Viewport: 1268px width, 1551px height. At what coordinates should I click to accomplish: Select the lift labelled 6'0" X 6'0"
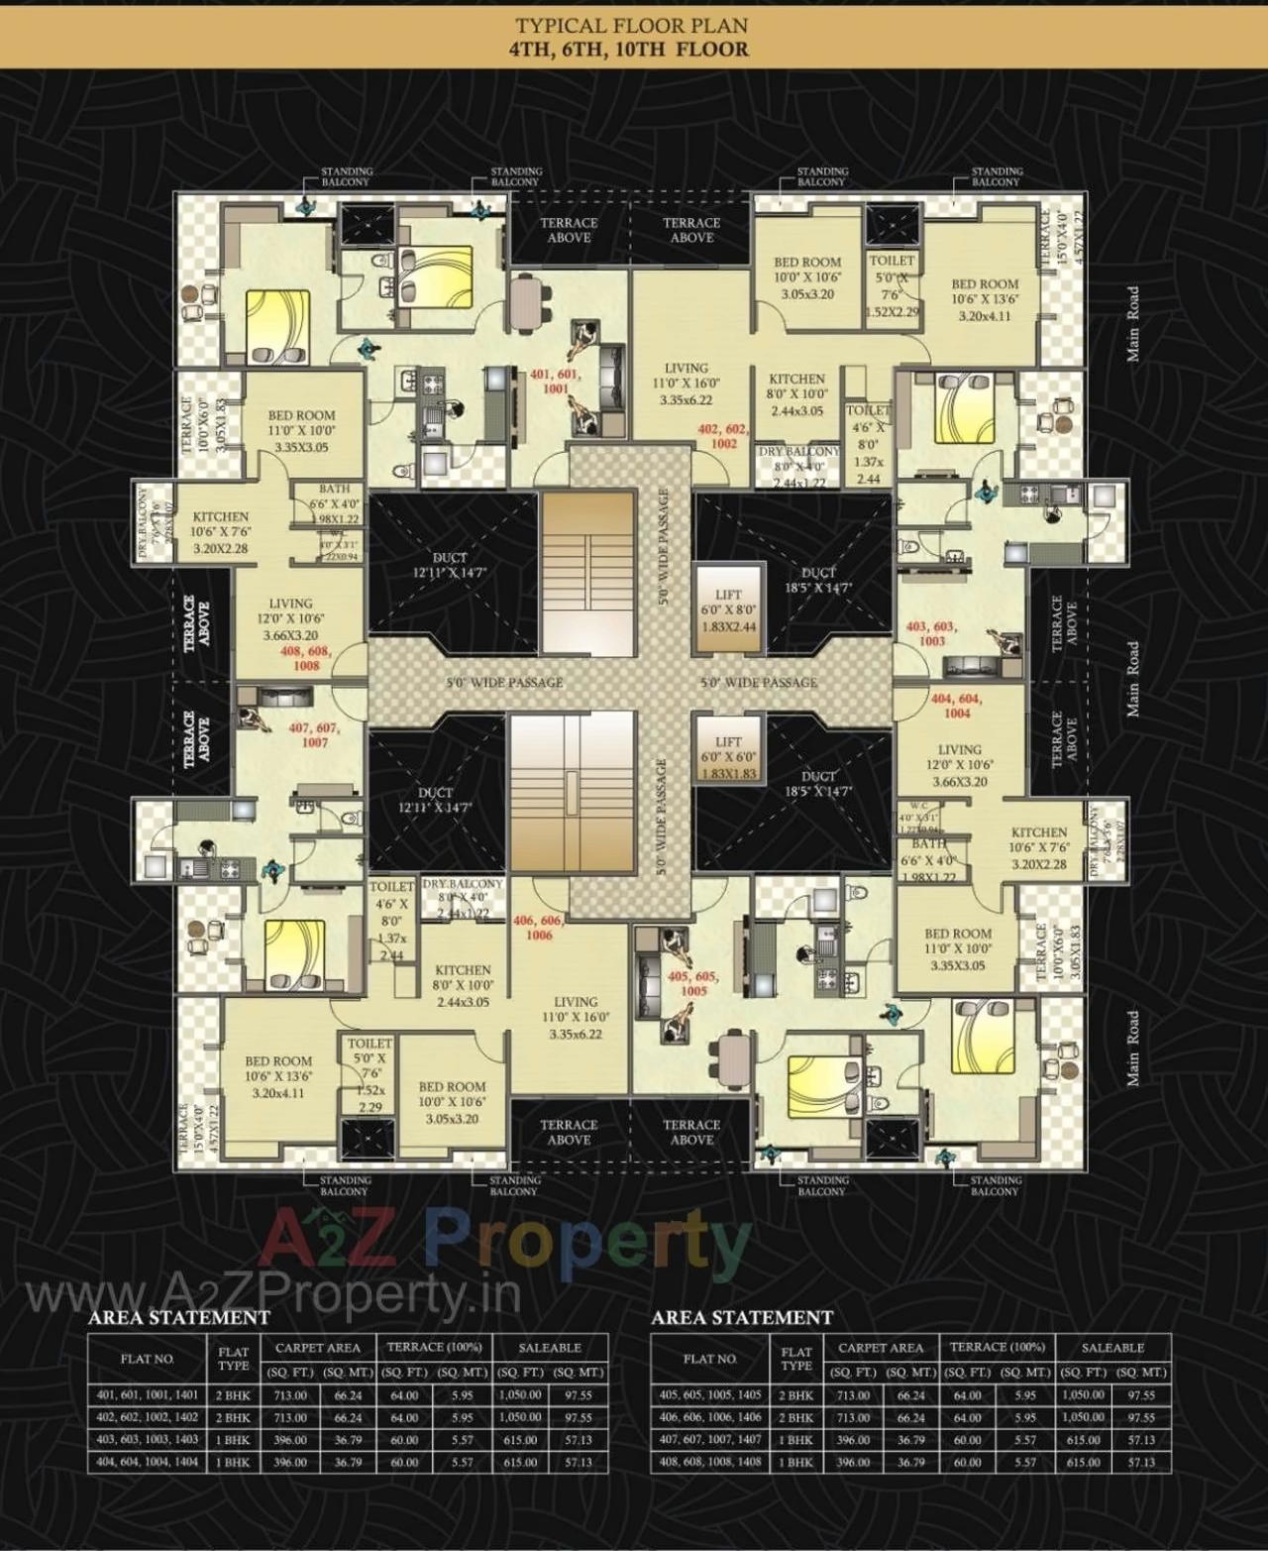tap(728, 756)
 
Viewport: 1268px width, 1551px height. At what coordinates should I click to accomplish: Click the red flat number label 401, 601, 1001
tap(556, 382)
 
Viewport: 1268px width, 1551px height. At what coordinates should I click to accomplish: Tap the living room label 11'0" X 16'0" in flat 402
tap(687, 384)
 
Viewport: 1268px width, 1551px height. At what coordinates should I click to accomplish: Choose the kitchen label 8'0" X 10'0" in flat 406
tap(463, 985)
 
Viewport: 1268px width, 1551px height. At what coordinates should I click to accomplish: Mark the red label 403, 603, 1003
tap(931, 632)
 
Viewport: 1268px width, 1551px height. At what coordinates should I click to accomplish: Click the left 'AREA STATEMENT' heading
tap(178, 1317)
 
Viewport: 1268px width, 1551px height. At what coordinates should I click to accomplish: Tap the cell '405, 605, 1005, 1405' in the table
tap(710, 1394)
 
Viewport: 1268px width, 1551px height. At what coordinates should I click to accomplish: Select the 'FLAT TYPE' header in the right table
tap(795, 1359)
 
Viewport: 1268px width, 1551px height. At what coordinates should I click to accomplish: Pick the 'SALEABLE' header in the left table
tap(550, 1347)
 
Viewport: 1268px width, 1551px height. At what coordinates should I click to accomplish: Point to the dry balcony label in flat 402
tap(798, 466)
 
